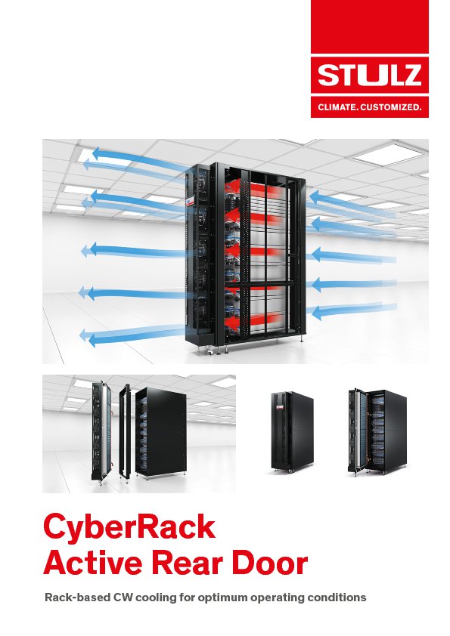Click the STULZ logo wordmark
point(370,75)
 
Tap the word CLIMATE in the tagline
point(337,107)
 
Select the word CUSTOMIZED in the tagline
point(391,107)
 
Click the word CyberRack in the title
point(129,527)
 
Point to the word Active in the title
point(93,563)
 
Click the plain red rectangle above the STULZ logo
point(370,26)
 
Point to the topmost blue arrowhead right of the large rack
point(315,196)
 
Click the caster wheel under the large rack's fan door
point(210,353)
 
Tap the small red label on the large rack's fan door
point(189,202)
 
